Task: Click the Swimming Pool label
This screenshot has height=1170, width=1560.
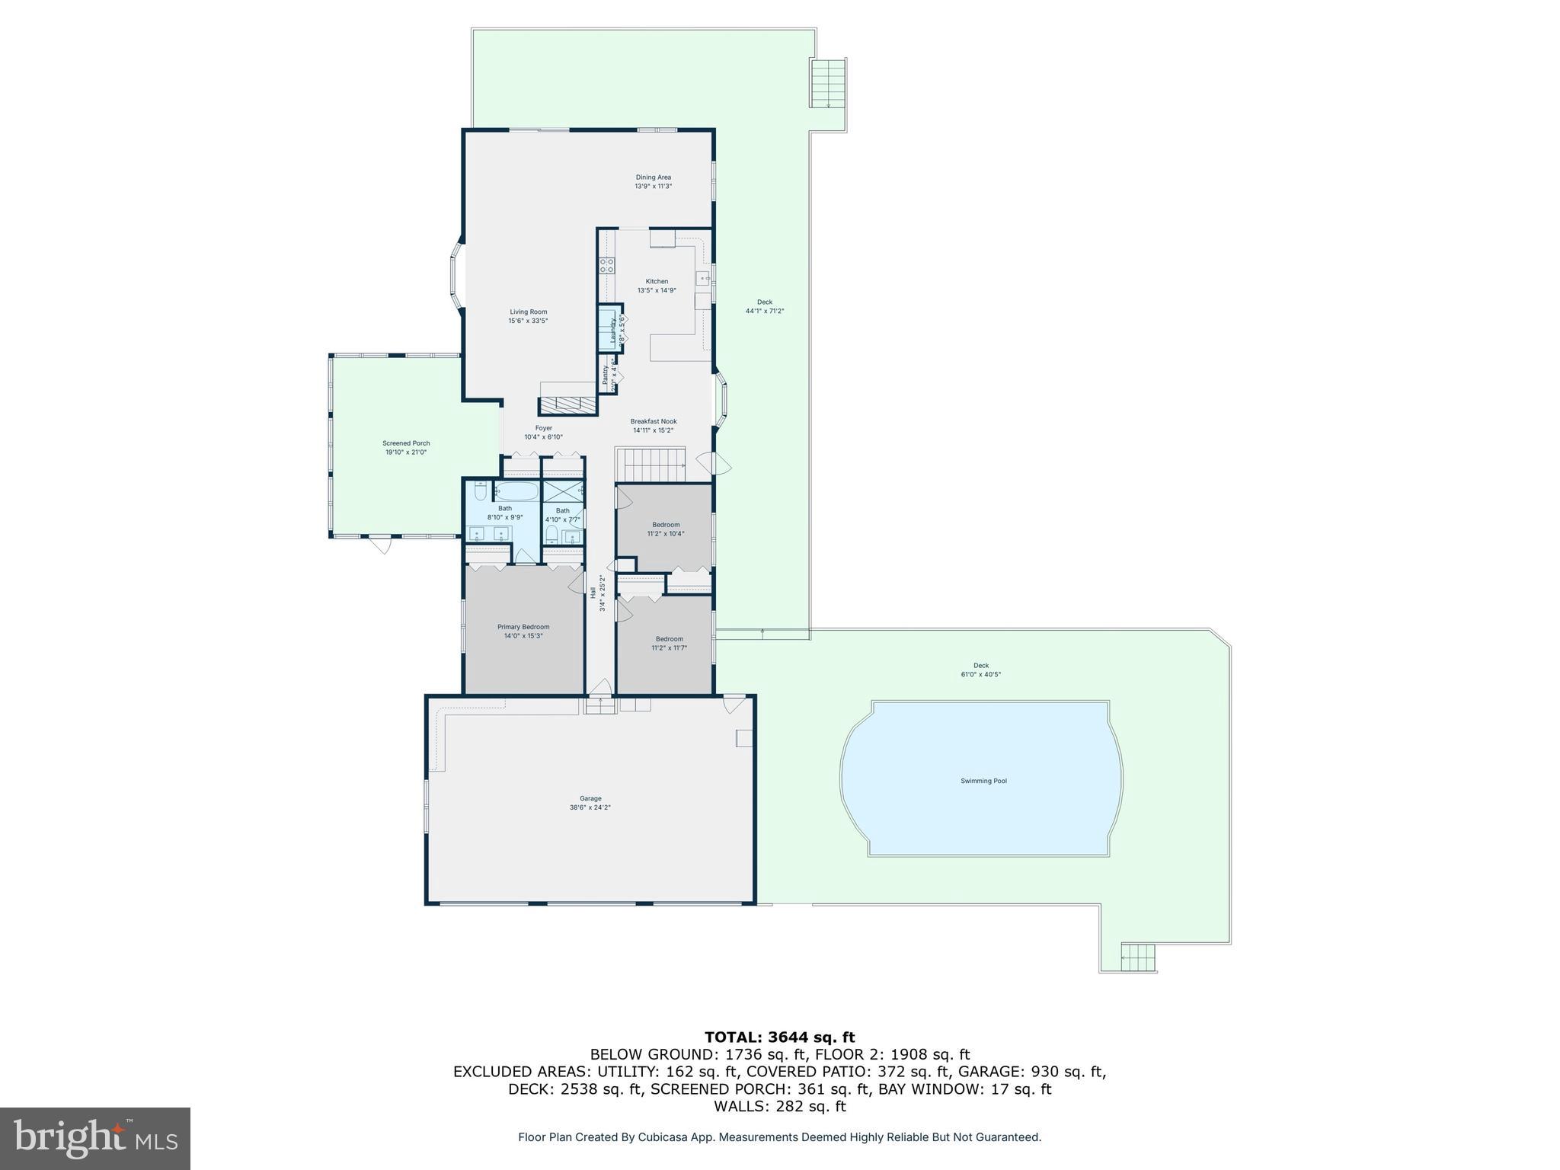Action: pos(983,781)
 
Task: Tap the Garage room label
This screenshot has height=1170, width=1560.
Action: pos(590,799)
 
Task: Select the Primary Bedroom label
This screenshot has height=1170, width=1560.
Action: pos(523,627)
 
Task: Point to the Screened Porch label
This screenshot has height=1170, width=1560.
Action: pos(406,443)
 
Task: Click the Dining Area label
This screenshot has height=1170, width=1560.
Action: pos(653,177)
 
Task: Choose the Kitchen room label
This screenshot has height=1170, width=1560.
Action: pos(657,282)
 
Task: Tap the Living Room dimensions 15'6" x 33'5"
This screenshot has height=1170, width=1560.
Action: pos(528,321)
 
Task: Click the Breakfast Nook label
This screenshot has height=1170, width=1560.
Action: pos(653,421)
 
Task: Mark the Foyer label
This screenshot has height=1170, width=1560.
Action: pos(543,428)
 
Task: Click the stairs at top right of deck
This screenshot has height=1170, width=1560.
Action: pos(828,84)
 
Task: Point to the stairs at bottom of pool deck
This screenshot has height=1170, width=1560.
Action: pos(1138,957)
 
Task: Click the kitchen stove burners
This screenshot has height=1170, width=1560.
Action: pos(607,265)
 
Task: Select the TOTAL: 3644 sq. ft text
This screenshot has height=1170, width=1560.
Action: pos(779,1037)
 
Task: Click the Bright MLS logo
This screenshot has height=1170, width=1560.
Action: pos(95,1138)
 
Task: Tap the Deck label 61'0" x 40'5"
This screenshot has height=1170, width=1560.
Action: pos(980,670)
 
